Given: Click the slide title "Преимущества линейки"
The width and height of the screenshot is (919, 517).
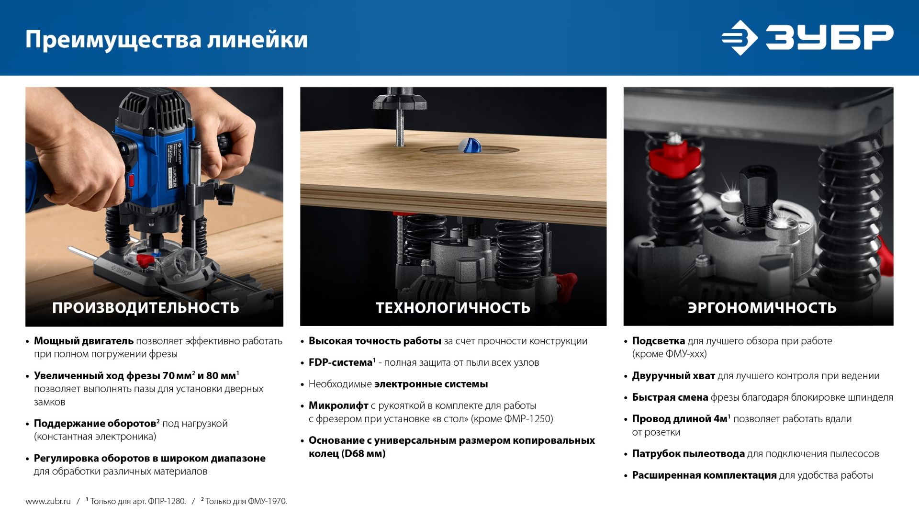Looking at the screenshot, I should tap(166, 39).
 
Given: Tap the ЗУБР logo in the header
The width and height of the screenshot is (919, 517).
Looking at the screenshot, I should tap(807, 37).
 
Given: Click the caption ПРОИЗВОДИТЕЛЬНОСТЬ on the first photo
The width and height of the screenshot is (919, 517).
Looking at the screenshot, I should tap(146, 308).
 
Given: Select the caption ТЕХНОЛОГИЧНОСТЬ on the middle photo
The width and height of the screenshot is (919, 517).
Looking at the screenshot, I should tap(453, 308).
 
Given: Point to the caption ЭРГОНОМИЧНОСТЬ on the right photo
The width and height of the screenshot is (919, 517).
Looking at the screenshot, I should tap(762, 308).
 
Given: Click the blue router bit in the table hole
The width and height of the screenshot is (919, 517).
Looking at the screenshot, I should tap(469, 146).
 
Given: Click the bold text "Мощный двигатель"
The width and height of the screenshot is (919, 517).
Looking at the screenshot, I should tap(84, 341).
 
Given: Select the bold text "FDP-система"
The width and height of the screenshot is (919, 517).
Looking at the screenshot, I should tap(340, 362).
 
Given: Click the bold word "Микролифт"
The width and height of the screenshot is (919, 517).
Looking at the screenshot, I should tap(338, 405).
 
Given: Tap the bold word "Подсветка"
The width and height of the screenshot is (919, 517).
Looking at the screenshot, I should tap(658, 341).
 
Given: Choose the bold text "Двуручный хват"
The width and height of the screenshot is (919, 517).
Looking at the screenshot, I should tap(673, 376).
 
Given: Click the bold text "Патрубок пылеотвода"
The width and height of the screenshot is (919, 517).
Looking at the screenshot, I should tap(688, 453).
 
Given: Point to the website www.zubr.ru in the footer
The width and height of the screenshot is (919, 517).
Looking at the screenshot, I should tap(48, 501).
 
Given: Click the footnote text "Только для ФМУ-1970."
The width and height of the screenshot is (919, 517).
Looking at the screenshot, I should tap(246, 501).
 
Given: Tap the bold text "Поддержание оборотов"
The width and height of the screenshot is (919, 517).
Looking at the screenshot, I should tap(95, 424).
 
